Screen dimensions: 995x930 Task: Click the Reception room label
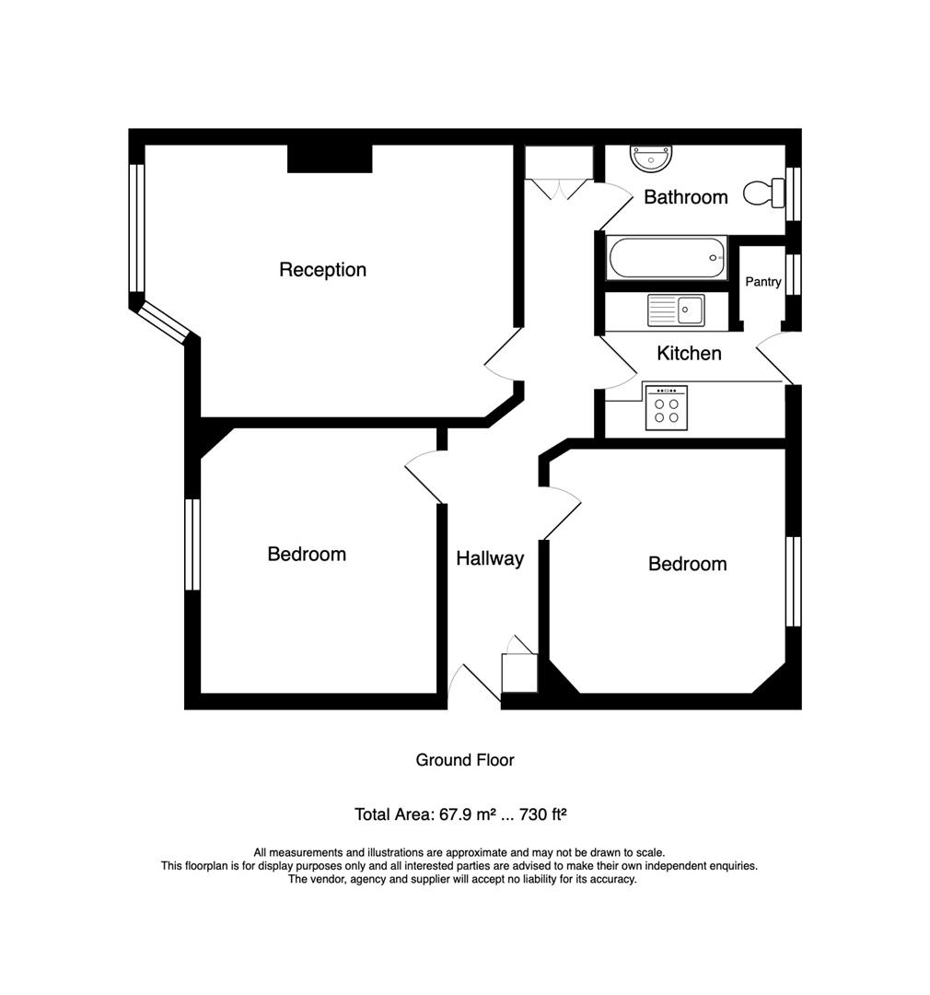click(x=322, y=270)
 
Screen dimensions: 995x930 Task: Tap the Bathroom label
click(x=685, y=197)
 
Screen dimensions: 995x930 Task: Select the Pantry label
click(x=762, y=282)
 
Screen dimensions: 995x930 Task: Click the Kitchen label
click(x=689, y=353)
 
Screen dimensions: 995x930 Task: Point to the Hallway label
click(x=490, y=558)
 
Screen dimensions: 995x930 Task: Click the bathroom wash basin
click(x=652, y=158)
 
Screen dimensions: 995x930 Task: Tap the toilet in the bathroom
click(x=760, y=193)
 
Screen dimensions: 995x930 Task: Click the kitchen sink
click(x=675, y=310)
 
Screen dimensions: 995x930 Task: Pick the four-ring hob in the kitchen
click(x=667, y=405)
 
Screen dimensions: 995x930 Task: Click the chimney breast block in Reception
click(x=330, y=158)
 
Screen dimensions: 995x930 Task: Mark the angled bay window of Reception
click(x=163, y=322)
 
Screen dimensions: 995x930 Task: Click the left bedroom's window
click(x=192, y=544)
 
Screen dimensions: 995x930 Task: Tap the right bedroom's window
click(x=793, y=581)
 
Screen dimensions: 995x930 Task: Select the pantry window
click(x=794, y=274)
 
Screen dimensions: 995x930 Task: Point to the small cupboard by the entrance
click(x=519, y=673)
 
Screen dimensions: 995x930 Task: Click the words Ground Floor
click(x=464, y=760)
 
